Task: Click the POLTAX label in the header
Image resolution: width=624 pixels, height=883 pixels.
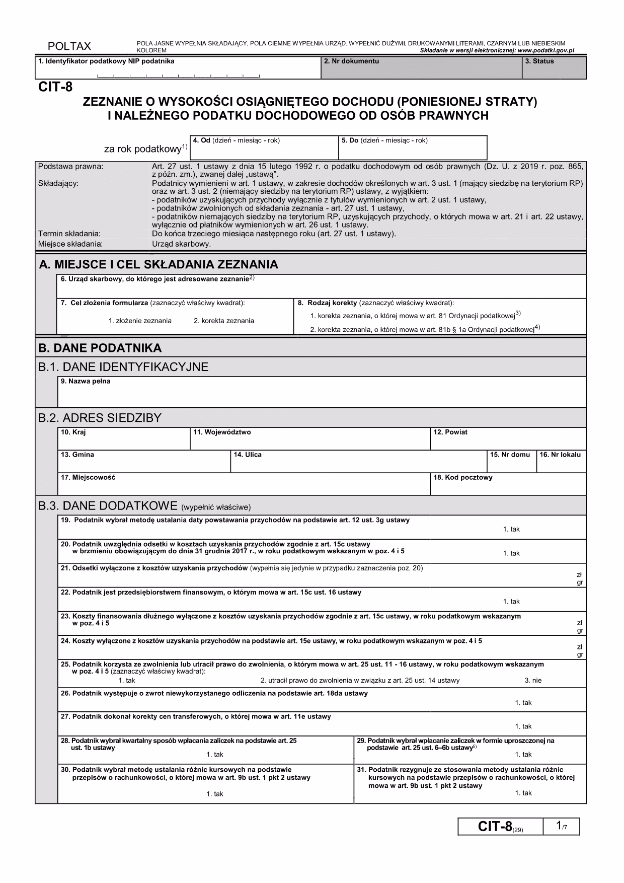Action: [x=69, y=47]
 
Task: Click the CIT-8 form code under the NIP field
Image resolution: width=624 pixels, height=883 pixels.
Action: [x=55, y=87]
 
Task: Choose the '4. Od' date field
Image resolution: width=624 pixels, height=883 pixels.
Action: [x=264, y=148]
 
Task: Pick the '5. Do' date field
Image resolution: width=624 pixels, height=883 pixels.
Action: [x=413, y=148]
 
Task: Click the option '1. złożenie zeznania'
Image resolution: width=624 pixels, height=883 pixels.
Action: [x=140, y=321]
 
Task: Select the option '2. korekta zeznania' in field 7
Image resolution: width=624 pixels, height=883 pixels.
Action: [x=223, y=321]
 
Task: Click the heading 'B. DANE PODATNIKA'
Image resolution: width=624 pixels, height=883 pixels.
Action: [x=100, y=348]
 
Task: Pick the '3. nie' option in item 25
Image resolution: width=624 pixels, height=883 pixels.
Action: [x=533, y=681]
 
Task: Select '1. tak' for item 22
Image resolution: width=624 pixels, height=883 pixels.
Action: [x=511, y=602]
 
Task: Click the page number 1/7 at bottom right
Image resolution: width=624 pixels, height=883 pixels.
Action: [x=562, y=827]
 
